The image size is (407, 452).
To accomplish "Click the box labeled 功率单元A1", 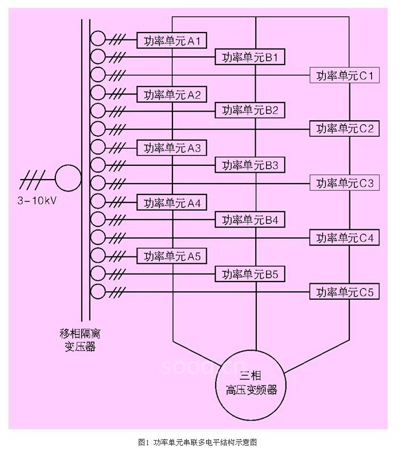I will [x=172, y=40].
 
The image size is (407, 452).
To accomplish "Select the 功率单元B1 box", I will [x=249, y=58].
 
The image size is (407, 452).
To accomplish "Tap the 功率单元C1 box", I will [x=344, y=75].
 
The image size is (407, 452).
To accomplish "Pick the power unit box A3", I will [x=172, y=148].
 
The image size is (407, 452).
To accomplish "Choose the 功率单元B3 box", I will [x=249, y=165].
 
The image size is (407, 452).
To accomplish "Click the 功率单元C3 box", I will [x=344, y=183].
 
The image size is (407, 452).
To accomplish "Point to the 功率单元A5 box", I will [x=172, y=256].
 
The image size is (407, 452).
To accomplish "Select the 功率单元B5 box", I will [x=249, y=274].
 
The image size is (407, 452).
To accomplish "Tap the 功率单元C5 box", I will [x=344, y=292].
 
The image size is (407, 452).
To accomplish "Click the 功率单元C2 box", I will [x=344, y=129].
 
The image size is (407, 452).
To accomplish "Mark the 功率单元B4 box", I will [x=249, y=219].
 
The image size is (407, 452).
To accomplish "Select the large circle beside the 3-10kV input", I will [x=68, y=177].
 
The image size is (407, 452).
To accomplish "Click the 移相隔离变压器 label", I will [x=80, y=339].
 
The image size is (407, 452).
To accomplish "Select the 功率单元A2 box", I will [x=172, y=95].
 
